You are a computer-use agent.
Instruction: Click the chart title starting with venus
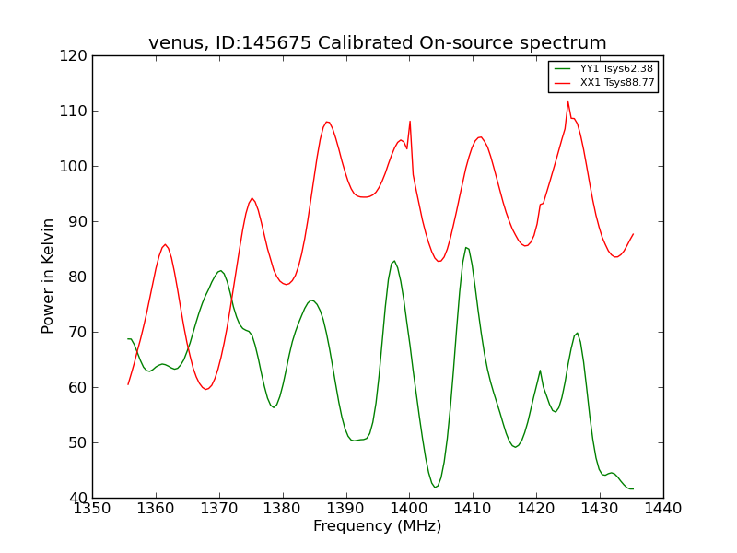pos(378,43)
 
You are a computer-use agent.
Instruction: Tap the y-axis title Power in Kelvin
pos(49,276)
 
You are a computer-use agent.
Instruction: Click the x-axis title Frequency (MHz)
pos(378,526)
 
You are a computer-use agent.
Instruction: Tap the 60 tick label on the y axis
pos(76,388)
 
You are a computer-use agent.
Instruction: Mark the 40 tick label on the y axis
pos(76,499)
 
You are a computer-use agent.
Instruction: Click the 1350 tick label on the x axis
pos(92,508)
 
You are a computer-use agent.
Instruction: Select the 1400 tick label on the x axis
pos(409,508)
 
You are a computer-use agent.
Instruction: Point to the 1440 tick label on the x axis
pos(663,508)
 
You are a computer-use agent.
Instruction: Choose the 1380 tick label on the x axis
pos(282,508)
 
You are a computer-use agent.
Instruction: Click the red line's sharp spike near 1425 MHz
pos(568,101)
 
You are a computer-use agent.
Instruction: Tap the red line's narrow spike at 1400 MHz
pos(410,121)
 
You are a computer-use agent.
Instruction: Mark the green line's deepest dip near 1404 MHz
pos(436,487)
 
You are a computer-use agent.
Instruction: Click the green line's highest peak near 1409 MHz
pos(466,247)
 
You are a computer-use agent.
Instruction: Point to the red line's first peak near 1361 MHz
pos(165,244)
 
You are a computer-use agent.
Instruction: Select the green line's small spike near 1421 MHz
pos(540,371)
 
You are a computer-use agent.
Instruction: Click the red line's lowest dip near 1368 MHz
pos(205,390)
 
